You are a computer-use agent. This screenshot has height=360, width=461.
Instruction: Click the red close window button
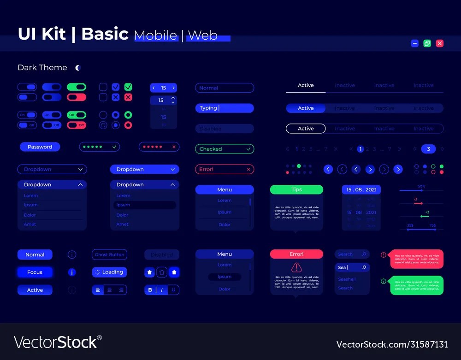(x=440, y=43)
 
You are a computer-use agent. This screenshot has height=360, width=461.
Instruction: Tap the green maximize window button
(x=427, y=43)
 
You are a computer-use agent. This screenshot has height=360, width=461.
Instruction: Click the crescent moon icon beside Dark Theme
(x=78, y=68)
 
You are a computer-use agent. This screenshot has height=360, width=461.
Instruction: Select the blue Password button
(x=40, y=147)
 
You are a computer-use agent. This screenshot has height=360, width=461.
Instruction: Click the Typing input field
(x=225, y=108)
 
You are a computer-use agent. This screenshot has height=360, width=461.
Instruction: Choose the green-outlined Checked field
(x=225, y=149)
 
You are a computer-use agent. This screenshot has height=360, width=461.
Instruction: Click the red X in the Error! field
(x=248, y=169)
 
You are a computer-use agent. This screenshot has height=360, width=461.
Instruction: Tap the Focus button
(x=35, y=272)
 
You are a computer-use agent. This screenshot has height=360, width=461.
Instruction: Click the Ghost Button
(x=109, y=254)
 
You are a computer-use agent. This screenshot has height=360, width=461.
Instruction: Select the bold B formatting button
(x=150, y=290)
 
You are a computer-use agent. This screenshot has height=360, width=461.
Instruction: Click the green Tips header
(x=296, y=189)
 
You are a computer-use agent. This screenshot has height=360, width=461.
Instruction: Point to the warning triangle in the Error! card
(x=296, y=267)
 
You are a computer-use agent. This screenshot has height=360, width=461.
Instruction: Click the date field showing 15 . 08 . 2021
(x=361, y=189)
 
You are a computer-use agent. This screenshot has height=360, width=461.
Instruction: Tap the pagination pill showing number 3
(x=428, y=149)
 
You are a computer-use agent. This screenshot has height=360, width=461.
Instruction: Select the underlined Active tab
(x=306, y=86)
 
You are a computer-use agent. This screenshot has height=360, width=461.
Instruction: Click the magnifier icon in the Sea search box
(x=364, y=267)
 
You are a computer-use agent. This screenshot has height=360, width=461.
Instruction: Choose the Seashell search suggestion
(x=347, y=279)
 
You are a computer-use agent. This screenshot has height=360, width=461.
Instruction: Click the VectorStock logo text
(x=58, y=342)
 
